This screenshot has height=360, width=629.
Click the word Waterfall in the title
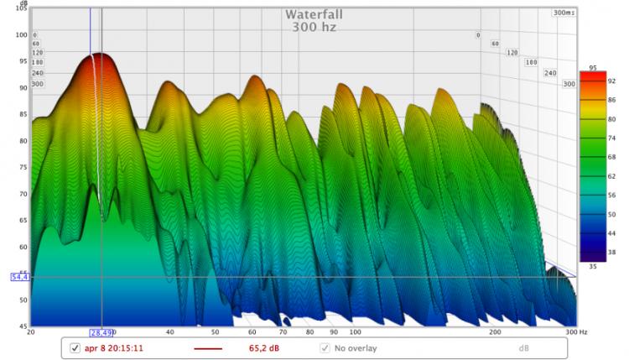(x=314, y=14)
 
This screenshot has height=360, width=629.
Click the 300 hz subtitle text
(x=314, y=27)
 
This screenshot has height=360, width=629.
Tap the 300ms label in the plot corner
(x=564, y=13)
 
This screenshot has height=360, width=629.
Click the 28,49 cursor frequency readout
(x=101, y=332)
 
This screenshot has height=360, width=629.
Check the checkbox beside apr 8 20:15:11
(x=75, y=347)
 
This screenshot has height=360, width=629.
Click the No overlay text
(x=356, y=347)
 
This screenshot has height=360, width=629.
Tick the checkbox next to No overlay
(x=325, y=347)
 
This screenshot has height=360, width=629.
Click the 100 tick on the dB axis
(x=21, y=34)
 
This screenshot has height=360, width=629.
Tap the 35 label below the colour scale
(x=592, y=265)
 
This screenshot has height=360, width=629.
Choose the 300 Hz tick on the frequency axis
(x=571, y=332)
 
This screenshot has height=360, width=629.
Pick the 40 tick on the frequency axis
(x=170, y=332)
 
